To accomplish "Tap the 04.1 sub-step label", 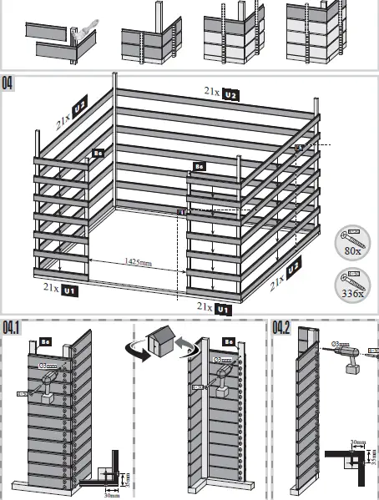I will pos(13,327).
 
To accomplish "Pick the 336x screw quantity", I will pos(351,293).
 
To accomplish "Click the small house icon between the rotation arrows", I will pos(161,341).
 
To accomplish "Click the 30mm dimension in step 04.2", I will pos(356,442).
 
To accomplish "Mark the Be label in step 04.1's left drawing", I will pos(48,342).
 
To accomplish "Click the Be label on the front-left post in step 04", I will pos(98,154).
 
